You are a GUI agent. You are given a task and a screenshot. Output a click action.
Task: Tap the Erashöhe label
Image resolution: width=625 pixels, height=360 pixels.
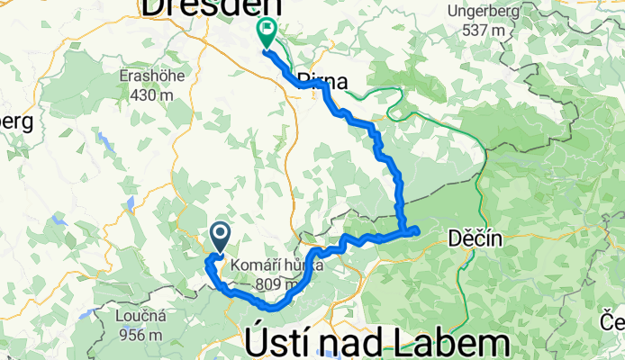152,76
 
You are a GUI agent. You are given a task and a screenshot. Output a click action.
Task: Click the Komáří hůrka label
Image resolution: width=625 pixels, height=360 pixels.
267,265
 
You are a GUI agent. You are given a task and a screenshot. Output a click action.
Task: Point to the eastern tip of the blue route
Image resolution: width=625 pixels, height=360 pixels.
417,231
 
